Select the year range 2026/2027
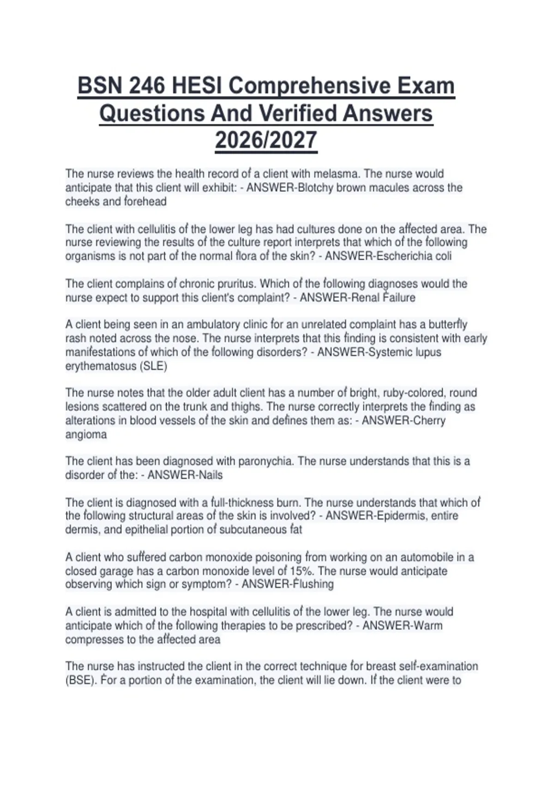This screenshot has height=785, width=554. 266,140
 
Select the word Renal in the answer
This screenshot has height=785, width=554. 366,298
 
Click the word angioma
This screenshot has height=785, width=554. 86,435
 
